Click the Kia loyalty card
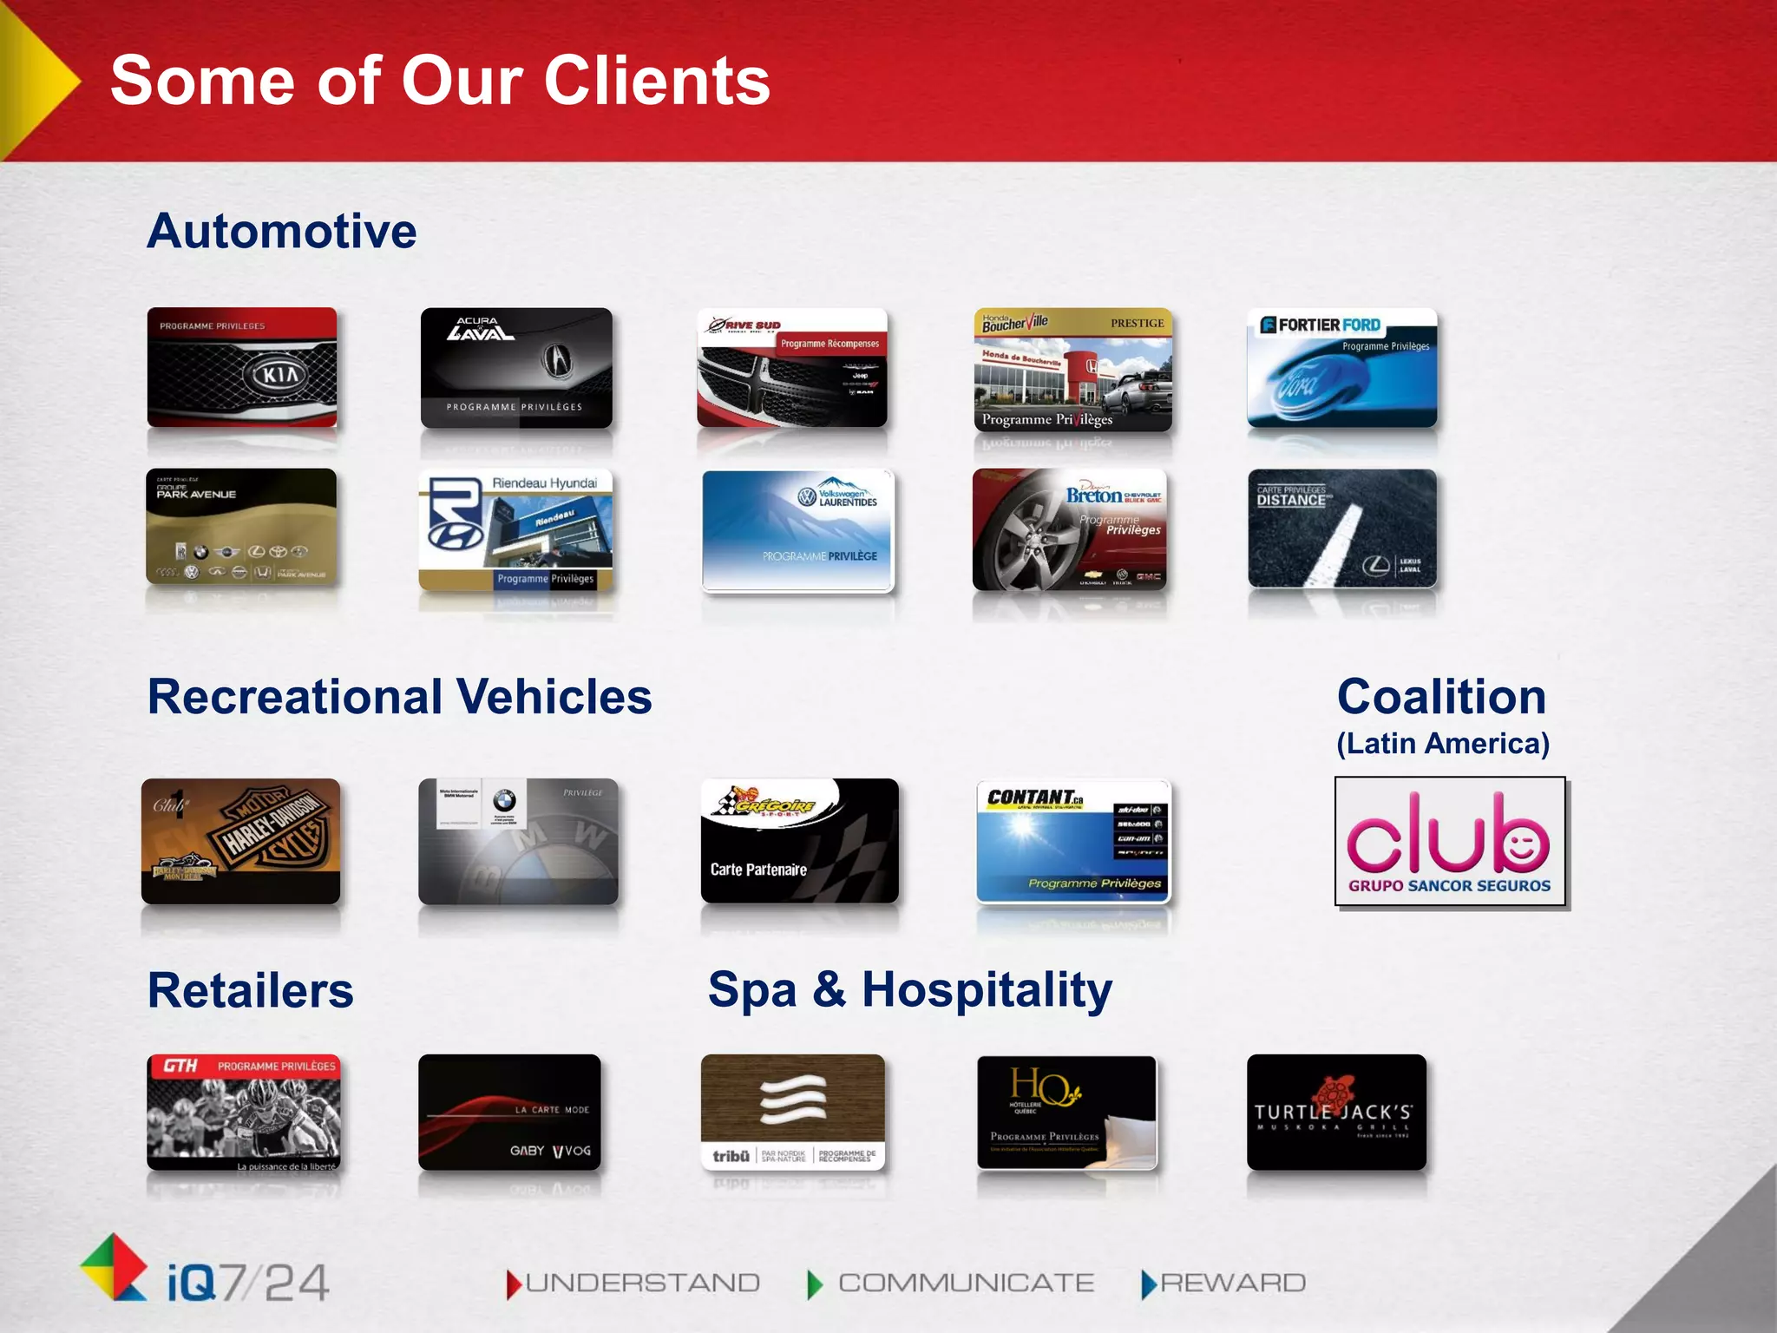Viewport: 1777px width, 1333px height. coord(242,367)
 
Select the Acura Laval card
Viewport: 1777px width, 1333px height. coord(516,368)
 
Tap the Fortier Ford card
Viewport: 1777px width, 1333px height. coord(1341,367)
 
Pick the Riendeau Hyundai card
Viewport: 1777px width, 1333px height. coord(515,529)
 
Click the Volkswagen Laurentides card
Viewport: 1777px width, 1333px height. coord(797,530)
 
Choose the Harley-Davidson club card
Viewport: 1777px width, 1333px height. coord(241,841)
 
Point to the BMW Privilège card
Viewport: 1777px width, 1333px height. coord(518,841)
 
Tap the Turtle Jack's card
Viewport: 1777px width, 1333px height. coord(1336,1112)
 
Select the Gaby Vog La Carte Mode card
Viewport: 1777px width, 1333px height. coord(509,1112)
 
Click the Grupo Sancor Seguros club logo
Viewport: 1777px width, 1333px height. coord(1450,841)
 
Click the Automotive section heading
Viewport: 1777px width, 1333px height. coord(282,231)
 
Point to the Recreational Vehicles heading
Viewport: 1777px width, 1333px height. coord(399,696)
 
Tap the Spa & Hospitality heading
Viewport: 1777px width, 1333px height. coord(909,989)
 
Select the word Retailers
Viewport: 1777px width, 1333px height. coord(251,990)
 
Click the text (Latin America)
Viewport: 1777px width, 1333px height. coord(1443,744)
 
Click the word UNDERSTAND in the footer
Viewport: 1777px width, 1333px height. coord(642,1283)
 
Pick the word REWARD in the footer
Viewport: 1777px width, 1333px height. coord(1232,1283)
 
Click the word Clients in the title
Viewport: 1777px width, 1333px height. coord(657,80)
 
